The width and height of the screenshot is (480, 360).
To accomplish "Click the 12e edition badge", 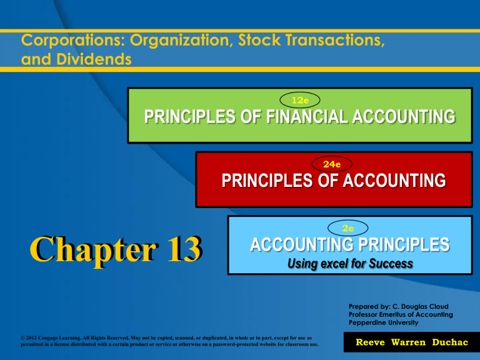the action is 300,100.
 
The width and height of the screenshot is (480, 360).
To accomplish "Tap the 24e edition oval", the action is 332,164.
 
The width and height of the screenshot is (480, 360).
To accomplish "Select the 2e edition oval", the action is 347,228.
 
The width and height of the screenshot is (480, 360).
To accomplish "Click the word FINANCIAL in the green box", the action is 307,117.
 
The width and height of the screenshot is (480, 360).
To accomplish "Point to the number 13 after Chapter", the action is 185,249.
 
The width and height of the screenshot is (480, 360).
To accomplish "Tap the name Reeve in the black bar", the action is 370,342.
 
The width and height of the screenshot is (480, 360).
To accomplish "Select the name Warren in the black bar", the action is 408,342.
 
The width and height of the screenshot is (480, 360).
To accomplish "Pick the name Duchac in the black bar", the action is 450,342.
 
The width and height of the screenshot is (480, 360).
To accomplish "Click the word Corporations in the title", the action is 73,41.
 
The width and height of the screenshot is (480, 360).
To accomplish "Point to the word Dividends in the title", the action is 94,59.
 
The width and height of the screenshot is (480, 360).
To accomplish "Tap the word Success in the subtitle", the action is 391,264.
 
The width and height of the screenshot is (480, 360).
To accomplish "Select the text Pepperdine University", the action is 383,322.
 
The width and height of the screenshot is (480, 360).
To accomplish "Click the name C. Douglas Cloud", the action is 420,306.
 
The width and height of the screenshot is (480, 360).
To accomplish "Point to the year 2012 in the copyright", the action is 31,338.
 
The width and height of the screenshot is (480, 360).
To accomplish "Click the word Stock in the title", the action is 259,40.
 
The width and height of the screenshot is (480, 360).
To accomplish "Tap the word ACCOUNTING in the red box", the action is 394,181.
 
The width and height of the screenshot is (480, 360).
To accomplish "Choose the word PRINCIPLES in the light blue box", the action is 404,244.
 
